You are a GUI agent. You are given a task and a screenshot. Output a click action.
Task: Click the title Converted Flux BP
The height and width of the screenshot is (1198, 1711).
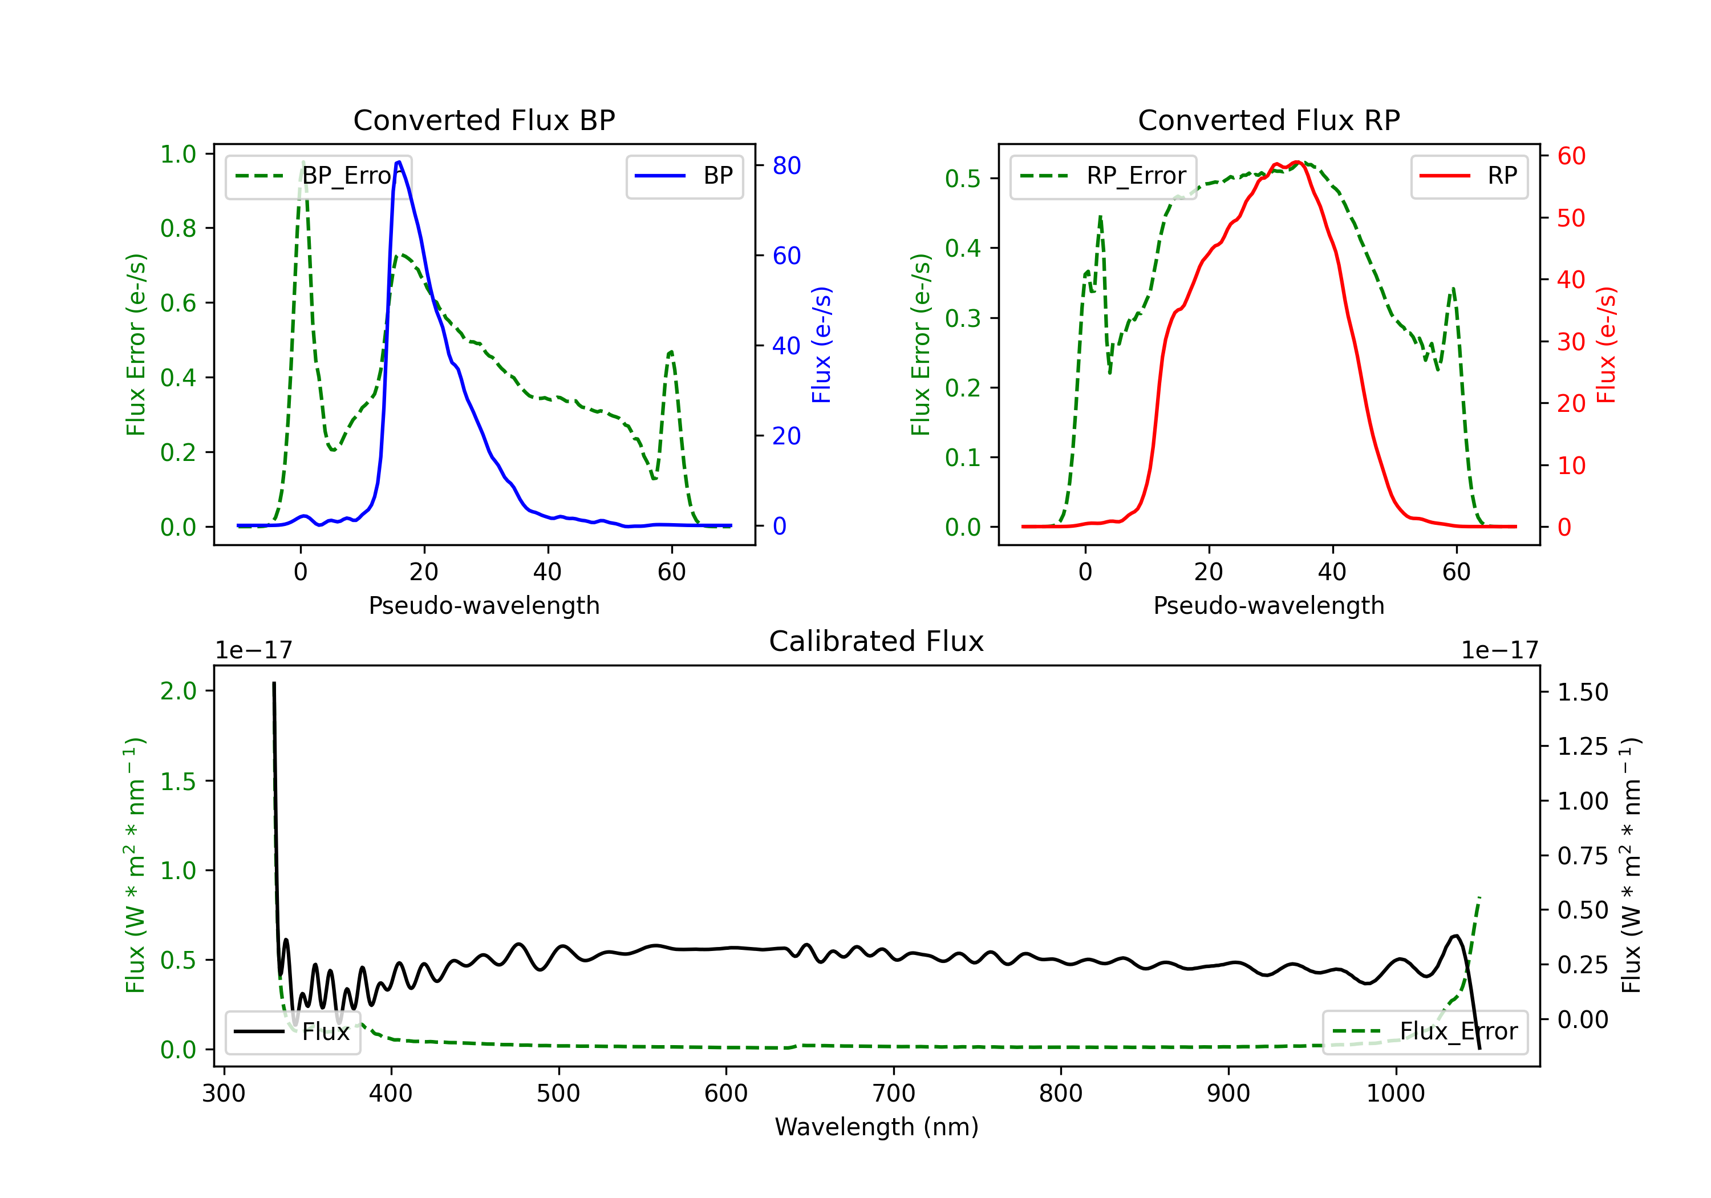click(x=484, y=120)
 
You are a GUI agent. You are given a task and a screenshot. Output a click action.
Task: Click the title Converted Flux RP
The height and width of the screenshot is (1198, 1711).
click(x=1268, y=120)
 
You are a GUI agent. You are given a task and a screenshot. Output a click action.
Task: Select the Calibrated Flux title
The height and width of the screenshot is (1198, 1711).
click(x=877, y=641)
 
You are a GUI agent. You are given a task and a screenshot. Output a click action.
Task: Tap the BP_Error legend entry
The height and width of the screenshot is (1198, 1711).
click(x=318, y=176)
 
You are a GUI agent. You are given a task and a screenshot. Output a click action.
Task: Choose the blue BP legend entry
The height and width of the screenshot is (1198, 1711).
click(x=684, y=176)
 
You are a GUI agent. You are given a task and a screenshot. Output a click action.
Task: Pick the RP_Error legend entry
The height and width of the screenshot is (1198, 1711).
click(x=1103, y=176)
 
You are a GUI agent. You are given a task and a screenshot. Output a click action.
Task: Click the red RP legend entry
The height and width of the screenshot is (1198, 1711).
click(x=1468, y=176)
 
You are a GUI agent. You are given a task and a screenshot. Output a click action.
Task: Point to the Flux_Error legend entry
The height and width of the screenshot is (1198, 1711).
click(x=1424, y=1032)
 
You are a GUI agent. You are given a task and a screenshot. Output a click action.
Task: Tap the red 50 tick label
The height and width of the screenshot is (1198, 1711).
click(x=1571, y=218)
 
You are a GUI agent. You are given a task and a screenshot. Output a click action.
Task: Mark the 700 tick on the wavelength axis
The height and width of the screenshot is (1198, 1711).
click(x=894, y=1094)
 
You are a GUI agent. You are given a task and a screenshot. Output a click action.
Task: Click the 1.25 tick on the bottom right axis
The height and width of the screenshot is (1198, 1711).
click(x=1583, y=746)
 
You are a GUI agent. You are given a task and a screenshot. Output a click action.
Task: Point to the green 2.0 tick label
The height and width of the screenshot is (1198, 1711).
click(x=179, y=691)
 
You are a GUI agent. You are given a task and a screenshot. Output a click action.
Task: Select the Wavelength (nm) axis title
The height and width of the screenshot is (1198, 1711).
click(x=877, y=1127)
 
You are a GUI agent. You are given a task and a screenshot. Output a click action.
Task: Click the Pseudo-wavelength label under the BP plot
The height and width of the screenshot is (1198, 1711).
click(x=484, y=605)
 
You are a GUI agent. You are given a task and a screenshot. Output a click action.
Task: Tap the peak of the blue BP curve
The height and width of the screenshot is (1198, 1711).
click(x=399, y=162)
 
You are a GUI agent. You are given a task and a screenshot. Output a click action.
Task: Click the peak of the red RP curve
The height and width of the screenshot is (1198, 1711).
click(x=1298, y=163)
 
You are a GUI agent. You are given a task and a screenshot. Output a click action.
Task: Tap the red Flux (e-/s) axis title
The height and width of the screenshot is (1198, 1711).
click(x=1606, y=345)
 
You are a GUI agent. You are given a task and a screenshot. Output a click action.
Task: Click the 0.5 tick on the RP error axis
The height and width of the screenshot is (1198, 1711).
click(x=963, y=179)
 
